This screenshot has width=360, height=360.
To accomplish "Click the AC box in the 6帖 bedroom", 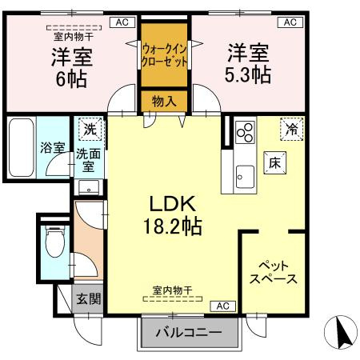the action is point(122,22).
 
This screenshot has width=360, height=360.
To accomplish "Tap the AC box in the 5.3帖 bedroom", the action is point(290,22).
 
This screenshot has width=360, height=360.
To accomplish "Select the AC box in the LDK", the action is point(223,306).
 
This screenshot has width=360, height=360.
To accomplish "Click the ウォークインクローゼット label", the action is point(164,55).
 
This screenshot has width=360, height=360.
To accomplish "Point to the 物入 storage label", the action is point(164,102).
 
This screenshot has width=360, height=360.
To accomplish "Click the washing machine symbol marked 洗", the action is point(90,130).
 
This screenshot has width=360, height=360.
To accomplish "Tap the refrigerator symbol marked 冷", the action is point(292,129).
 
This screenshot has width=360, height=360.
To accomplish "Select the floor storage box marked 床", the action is point(275,163).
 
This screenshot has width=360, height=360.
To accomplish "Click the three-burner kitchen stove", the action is point(246,132).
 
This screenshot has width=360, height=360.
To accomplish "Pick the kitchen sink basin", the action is point(246,177).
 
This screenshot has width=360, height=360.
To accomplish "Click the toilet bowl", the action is point(55,242).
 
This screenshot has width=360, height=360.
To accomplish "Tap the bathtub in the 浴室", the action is point(22,147).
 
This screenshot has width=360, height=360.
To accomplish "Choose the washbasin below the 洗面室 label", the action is point(89,187).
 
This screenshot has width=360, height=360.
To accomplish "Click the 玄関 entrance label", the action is point(88,298).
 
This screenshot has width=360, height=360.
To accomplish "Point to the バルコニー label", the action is point(189,333).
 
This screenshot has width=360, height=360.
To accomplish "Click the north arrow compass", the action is point(341,332).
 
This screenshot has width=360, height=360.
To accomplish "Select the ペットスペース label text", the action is point(274,273).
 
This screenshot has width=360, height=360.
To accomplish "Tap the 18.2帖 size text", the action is point(173,226).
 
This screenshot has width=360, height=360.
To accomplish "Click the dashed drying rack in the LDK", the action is point(173,299).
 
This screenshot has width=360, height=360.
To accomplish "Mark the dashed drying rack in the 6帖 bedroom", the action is point(74,27).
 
